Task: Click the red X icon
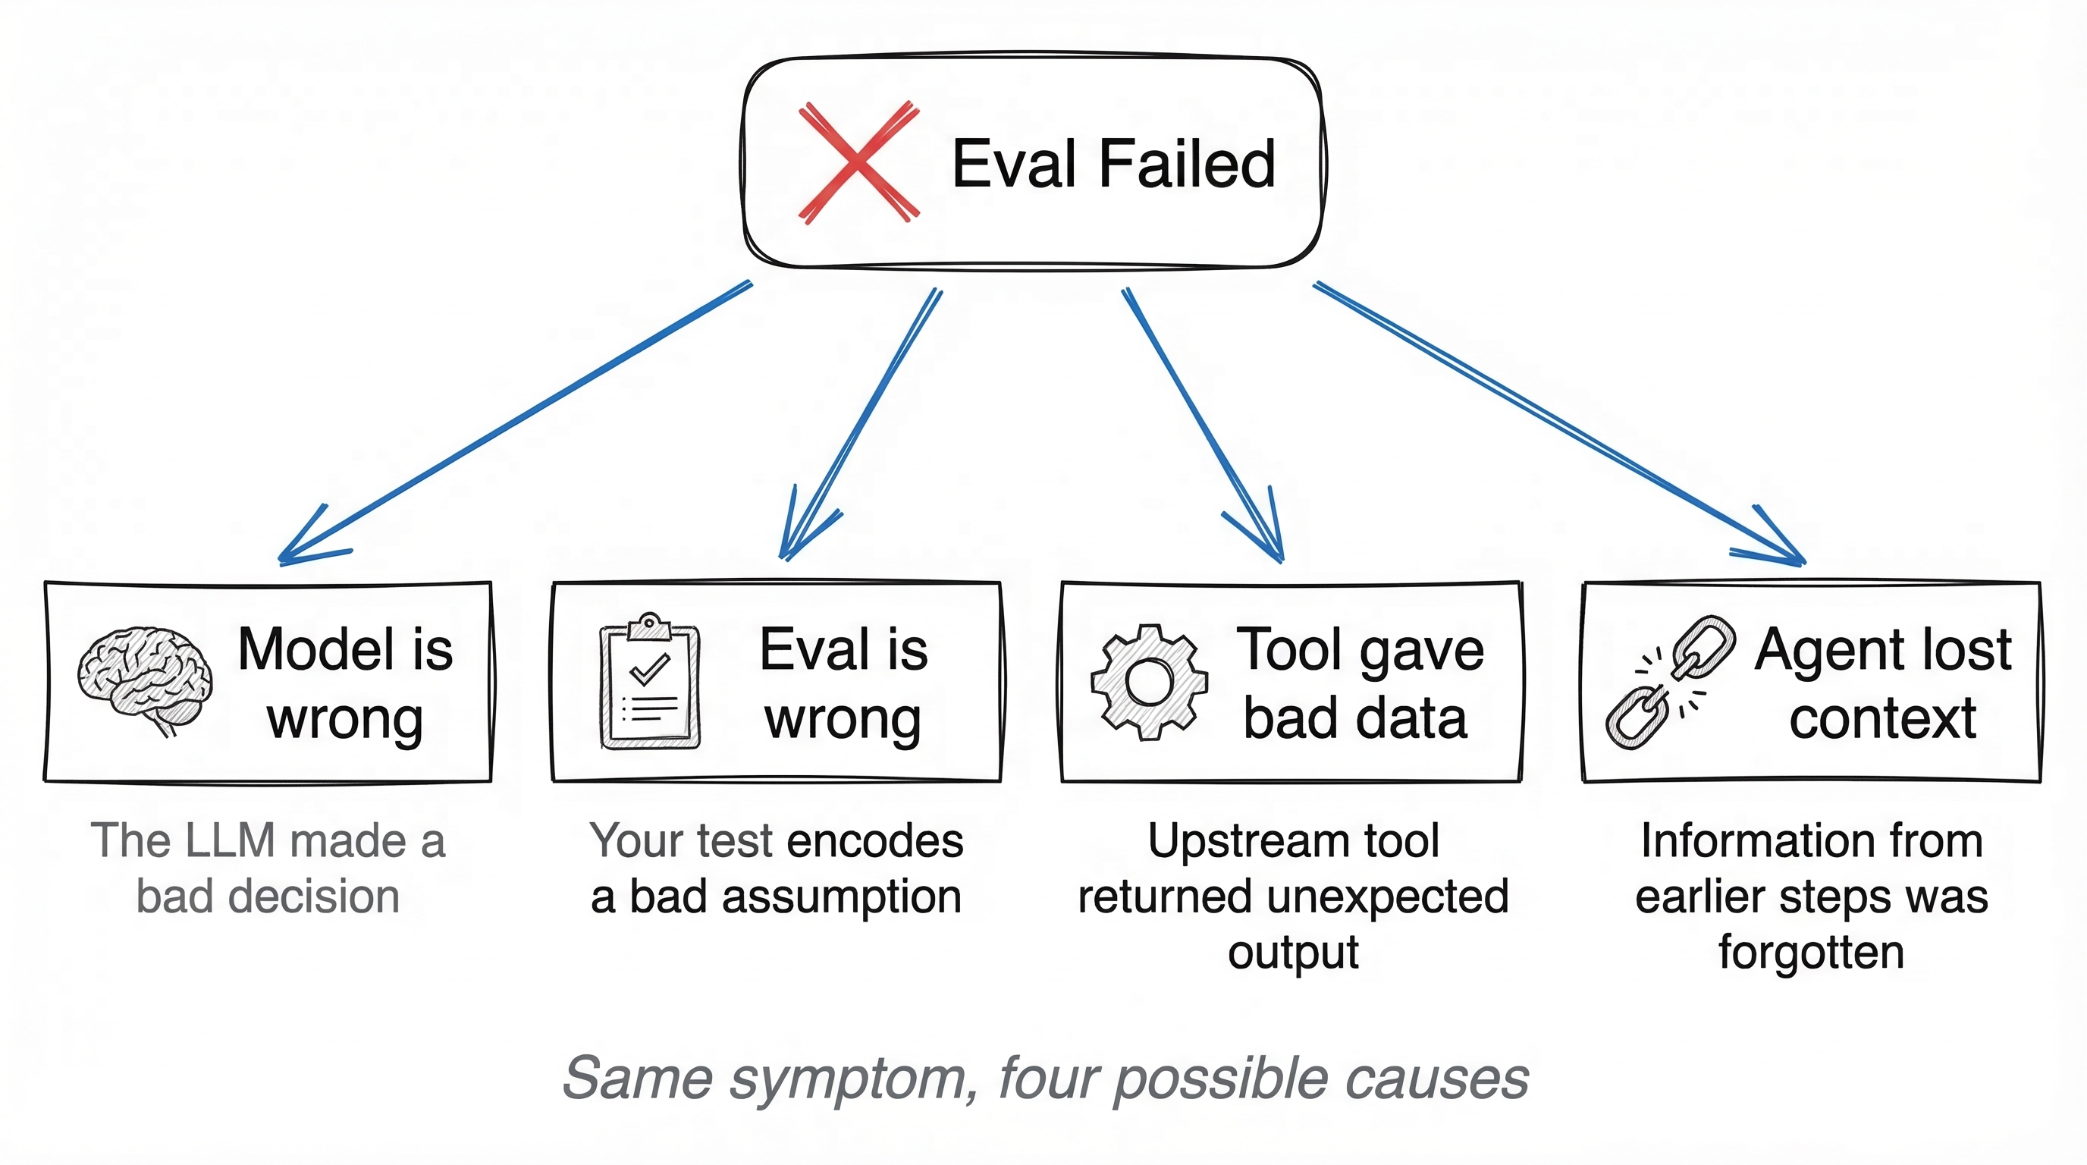(x=858, y=162)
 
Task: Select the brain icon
(x=145, y=679)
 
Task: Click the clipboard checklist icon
(x=650, y=682)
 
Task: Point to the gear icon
(x=1149, y=681)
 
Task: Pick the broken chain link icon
(x=1671, y=682)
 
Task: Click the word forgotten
(x=1811, y=953)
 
